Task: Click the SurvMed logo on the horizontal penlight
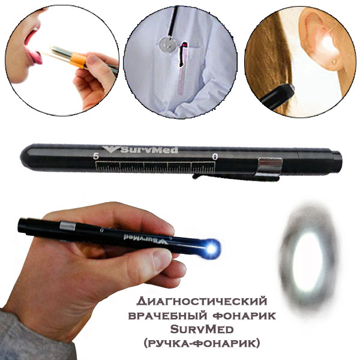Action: pyautogui.click(x=140, y=149)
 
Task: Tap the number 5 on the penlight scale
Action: pyautogui.click(x=96, y=157)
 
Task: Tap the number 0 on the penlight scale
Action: pyautogui.click(x=215, y=157)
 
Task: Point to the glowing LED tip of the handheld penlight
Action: pyautogui.click(x=211, y=248)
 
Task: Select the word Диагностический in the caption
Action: pyautogui.click(x=202, y=301)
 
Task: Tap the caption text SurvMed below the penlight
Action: pyautogui.click(x=202, y=329)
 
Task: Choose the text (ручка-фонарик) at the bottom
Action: pyautogui.click(x=202, y=343)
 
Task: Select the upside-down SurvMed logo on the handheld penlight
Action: pyautogui.click(x=146, y=239)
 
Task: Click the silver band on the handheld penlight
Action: pyautogui.click(x=67, y=226)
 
